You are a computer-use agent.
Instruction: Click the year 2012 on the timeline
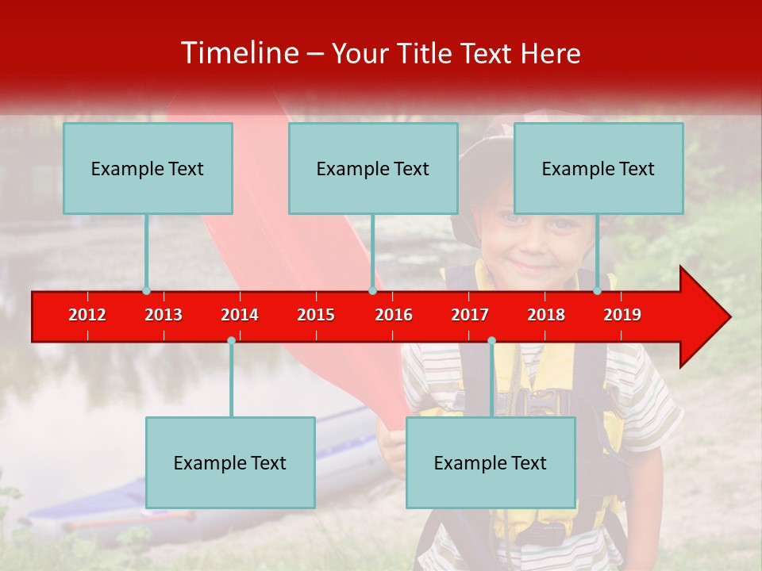pos(87,315)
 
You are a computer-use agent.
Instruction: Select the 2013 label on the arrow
pos(164,315)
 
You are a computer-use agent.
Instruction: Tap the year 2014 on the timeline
pos(240,315)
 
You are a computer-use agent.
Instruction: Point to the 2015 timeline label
pos(316,315)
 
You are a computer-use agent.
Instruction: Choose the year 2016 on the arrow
pos(394,315)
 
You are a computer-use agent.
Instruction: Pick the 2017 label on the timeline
pos(470,315)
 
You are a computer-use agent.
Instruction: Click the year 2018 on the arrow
pos(546,315)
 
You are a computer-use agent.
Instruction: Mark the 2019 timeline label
pos(622,315)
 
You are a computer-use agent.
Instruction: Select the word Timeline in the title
pos(238,53)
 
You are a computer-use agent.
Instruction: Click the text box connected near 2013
pos(148,168)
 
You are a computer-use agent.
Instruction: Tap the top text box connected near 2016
pos(373,168)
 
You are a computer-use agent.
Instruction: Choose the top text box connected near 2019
pos(598,168)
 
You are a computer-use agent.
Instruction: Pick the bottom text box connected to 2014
pos(230,462)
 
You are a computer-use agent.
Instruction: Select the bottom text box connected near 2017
pos(491,462)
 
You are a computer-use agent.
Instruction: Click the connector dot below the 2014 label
pos(231,340)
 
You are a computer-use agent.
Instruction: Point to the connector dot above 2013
pos(146,290)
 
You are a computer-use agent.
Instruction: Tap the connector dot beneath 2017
pos(491,340)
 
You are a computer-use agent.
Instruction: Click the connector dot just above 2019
pos(597,290)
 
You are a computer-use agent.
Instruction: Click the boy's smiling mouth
pos(530,263)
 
